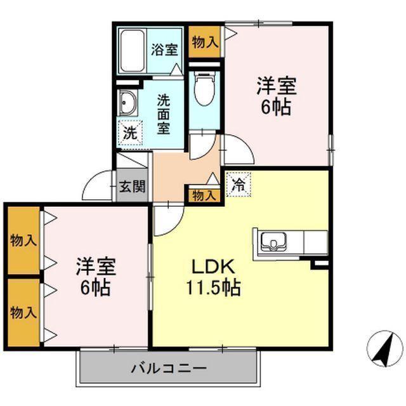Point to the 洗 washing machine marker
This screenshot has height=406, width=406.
coord(129,133)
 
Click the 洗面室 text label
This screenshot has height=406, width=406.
coord(164,114)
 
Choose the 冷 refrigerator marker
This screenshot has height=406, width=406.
coord(239,185)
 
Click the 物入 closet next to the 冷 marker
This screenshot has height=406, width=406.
coord(203,195)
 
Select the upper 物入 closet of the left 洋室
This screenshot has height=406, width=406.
coord(23,240)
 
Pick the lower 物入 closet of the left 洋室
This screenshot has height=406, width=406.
coord(23,312)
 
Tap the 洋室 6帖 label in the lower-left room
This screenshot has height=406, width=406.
coord(95,277)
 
